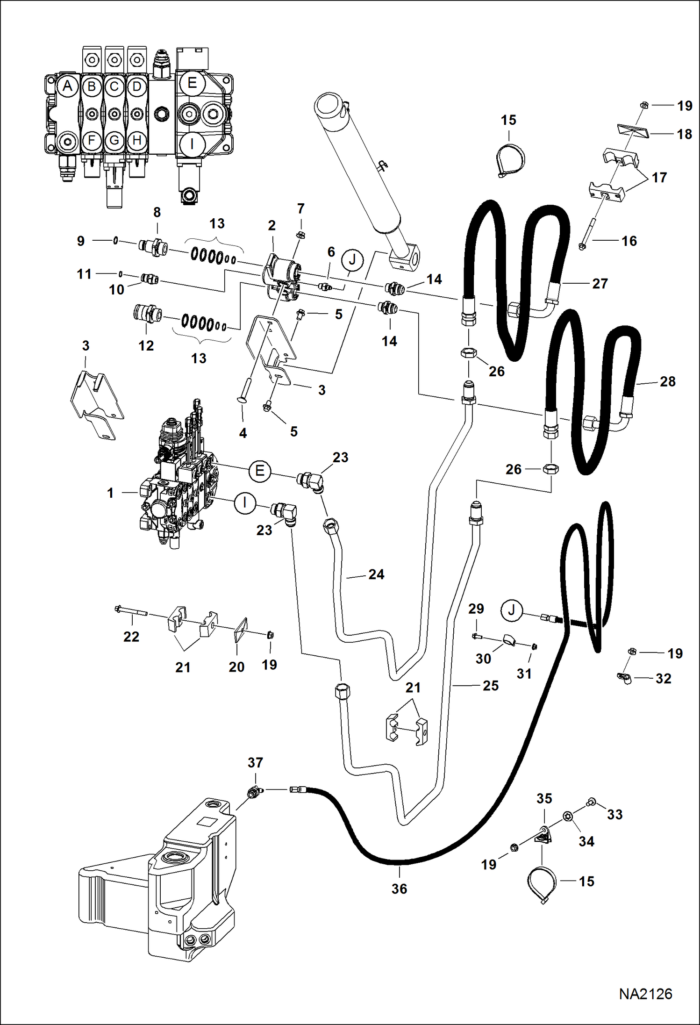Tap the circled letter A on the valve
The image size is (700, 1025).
pyautogui.click(x=68, y=86)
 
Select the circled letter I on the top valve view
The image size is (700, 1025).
pyautogui.click(x=192, y=143)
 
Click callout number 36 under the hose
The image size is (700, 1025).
pyautogui.click(x=399, y=889)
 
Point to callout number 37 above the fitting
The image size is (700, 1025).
pyautogui.click(x=255, y=762)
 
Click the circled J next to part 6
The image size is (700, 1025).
pyautogui.click(x=352, y=260)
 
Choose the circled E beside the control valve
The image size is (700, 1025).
pyautogui.click(x=260, y=470)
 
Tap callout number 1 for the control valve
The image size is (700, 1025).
pyautogui.click(x=110, y=493)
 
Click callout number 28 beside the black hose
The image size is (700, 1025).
pyautogui.click(x=667, y=381)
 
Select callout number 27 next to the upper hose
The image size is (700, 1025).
pyautogui.click(x=600, y=283)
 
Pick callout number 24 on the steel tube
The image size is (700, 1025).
pyautogui.click(x=376, y=574)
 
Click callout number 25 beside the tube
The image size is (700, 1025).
pyautogui.click(x=490, y=685)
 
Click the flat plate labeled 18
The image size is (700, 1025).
pyautogui.click(x=630, y=130)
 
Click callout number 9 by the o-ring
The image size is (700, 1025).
pyautogui.click(x=81, y=241)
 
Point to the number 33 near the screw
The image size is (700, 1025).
pyautogui.click(x=614, y=814)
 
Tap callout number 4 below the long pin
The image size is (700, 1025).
pyautogui.click(x=243, y=433)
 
